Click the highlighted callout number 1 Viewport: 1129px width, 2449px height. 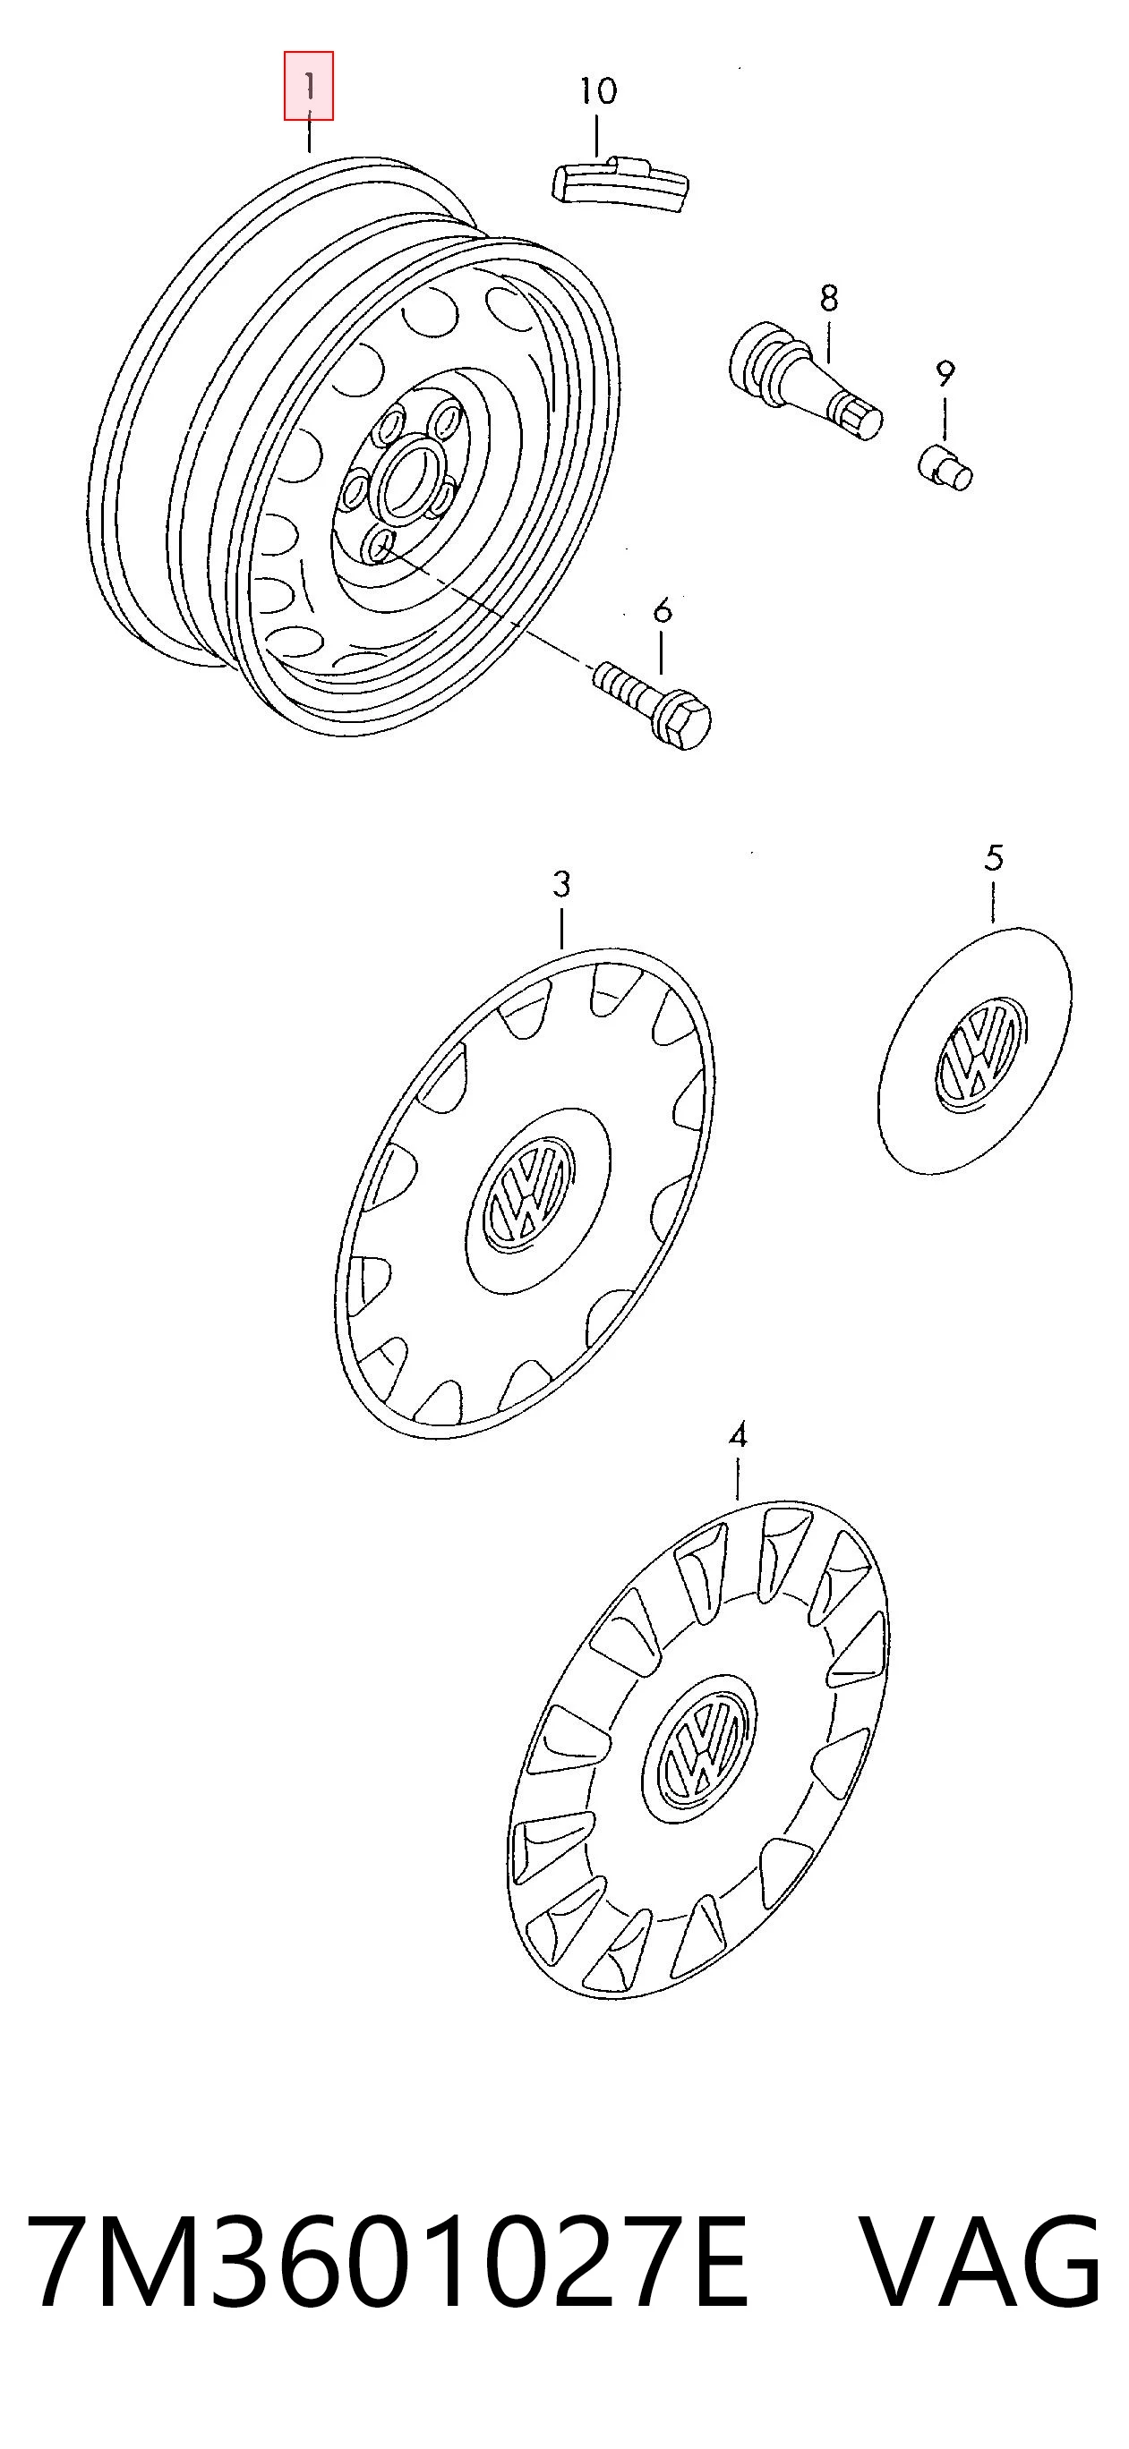coord(309,88)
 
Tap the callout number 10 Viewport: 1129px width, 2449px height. coord(598,91)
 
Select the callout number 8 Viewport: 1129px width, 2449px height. coord(829,299)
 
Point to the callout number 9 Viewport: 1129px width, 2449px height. coord(945,375)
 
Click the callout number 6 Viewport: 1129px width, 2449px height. coord(662,609)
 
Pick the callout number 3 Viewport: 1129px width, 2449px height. coord(561,884)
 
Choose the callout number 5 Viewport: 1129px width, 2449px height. coord(993,858)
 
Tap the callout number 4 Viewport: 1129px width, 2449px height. coord(738,1434)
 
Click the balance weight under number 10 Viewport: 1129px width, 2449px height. coord(620,181)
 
